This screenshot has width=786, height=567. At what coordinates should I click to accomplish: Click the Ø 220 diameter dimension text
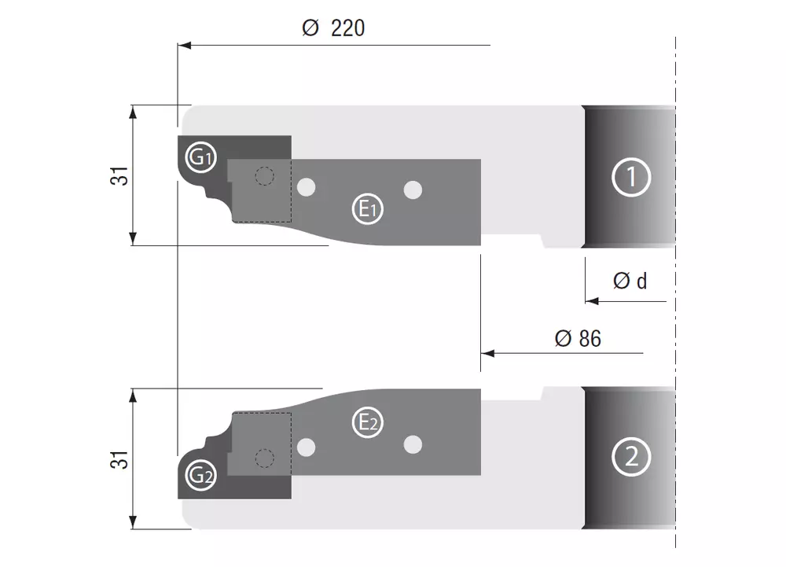coord(333,28)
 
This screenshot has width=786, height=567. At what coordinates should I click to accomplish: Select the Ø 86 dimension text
coord(578,338)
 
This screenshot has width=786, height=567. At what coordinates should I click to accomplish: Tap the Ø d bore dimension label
coord(630,281)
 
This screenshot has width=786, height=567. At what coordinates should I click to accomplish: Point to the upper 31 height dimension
coord(119,175)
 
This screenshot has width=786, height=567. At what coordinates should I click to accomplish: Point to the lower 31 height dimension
coord(119,460)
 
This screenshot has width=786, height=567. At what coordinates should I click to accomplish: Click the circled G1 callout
coord(201,157)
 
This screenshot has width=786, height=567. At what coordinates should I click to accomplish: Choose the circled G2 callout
coord(201,475)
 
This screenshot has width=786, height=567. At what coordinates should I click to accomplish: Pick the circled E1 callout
coord(367,208)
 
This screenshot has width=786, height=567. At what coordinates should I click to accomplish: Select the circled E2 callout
coord(367,422)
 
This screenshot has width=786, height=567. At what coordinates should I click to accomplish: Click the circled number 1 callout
coord(631,177)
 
